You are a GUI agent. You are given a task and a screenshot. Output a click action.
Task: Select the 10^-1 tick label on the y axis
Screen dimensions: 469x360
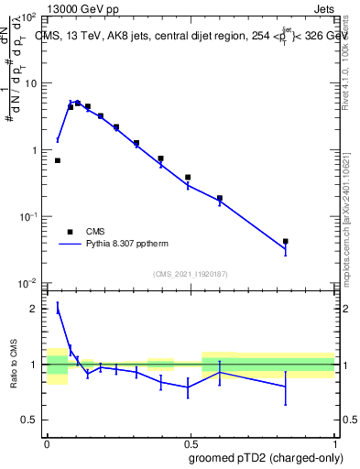[28, 216]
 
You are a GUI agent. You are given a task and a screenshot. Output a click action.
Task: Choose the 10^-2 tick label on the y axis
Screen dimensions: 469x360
[28, 283]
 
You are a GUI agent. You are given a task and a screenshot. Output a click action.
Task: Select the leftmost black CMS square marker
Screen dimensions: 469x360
[58, 160]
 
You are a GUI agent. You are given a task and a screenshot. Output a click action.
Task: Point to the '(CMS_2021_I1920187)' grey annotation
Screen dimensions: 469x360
[190, 273]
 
